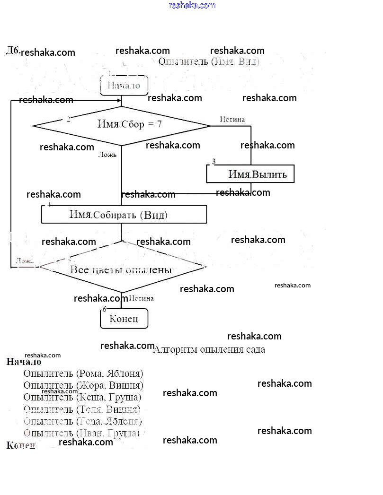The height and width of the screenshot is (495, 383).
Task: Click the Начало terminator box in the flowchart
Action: (124, 86)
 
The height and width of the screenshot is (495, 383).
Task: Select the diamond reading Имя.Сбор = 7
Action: (121, 125)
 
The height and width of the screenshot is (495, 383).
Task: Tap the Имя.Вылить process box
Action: (250, 174)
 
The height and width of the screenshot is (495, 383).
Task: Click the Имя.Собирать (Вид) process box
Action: (124, 215)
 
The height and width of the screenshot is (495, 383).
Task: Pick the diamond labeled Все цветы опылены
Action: (121, 269)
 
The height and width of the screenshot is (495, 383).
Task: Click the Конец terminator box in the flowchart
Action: (124, 319)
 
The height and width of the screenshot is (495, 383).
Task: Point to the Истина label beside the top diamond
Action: (232, 119)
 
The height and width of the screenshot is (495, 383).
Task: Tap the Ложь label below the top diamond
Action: (107, 154)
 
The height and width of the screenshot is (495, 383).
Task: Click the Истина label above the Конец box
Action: (141, 298)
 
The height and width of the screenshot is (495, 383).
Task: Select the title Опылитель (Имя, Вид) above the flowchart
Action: (209, 61)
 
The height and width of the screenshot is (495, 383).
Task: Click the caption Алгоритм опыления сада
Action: (209, 349)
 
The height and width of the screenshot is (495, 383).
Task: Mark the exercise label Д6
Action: (12, 50)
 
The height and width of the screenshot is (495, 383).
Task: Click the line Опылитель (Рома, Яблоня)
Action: (83, 373)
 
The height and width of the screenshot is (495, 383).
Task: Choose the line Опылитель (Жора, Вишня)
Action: (83, 385)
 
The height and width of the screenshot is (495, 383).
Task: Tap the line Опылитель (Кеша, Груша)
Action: (82, 397)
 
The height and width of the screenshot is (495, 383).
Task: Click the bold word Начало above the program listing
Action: (24, 362)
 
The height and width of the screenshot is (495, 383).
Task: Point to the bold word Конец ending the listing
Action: (21, 445)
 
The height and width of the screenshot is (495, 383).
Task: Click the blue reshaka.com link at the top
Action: (192, 5)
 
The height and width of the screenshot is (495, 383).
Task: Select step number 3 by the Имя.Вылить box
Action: (214, 162)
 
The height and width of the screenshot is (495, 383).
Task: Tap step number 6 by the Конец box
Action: (105, 309)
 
